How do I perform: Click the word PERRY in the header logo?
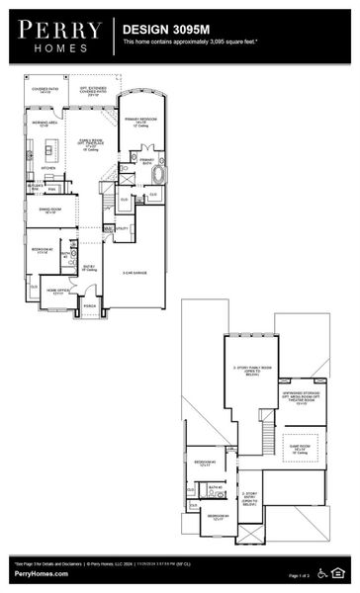(x=54, y=30)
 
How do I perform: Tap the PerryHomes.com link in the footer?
(x=41, y=573)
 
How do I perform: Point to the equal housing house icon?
(x=342, y=572)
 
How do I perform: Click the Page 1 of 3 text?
(x=300, y=575)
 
